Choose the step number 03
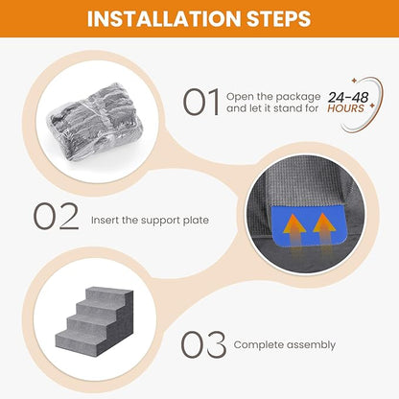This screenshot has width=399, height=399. [204, 343]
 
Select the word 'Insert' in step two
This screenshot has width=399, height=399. [107, 220]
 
